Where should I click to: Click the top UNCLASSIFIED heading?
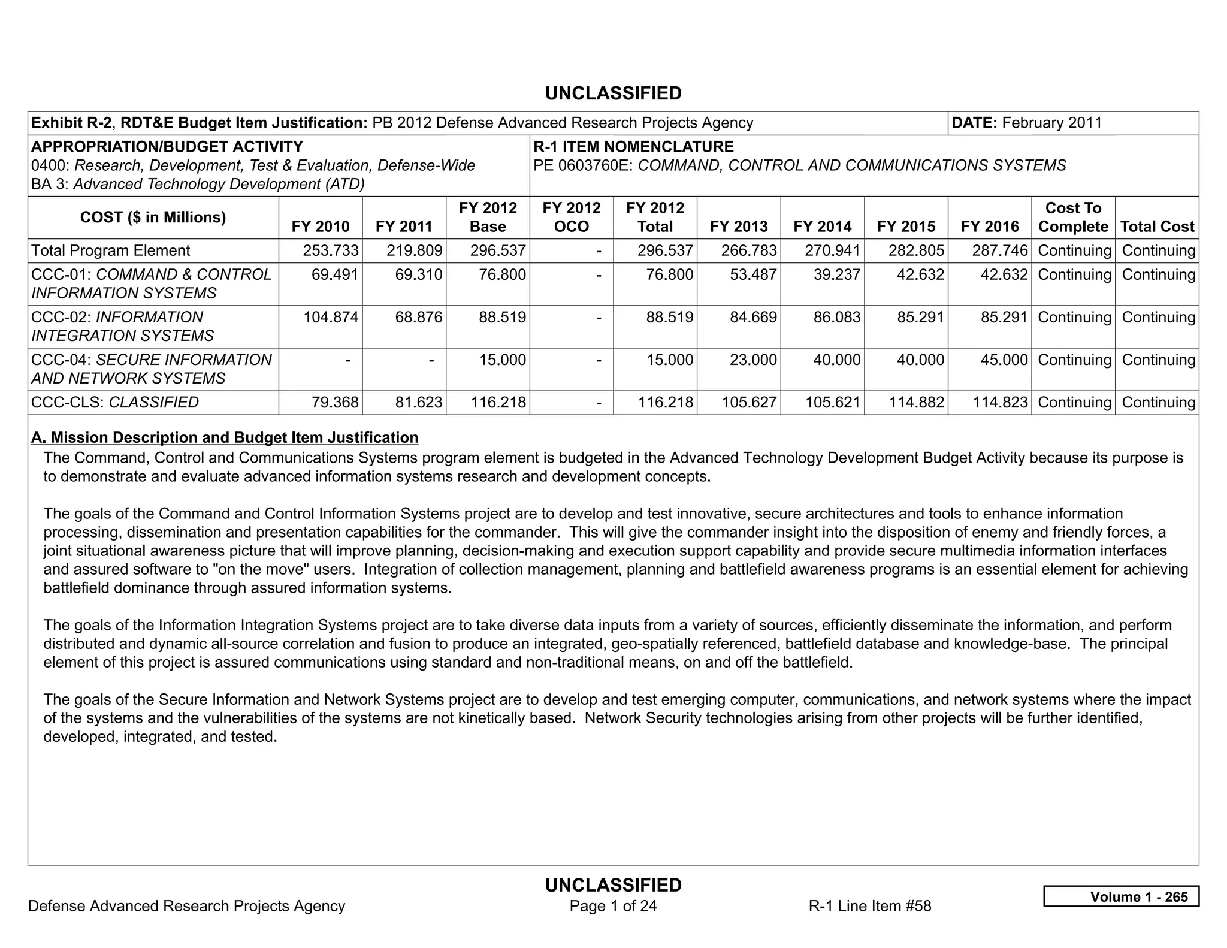coord(613,93)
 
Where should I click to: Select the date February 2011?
coord(1051,123)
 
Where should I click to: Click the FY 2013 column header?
coord(738,227)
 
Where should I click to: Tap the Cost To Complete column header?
coord(1073,217)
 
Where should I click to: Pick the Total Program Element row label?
coord(110,250)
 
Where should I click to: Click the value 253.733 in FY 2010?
coord(331,250)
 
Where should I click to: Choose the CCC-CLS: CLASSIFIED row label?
coord(114,402)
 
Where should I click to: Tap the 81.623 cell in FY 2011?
coord(418,402)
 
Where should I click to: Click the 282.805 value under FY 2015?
coord(916,250)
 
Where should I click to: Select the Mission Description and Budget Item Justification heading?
coord(225,437)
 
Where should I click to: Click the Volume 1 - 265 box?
coord(1121,896)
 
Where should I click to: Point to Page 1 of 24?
coord(613,906)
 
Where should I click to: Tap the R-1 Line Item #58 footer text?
coord(870,906)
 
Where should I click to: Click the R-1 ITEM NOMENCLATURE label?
coord(633,147)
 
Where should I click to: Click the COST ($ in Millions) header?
coord(153,217)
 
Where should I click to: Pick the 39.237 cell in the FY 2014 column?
coord(836,274)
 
